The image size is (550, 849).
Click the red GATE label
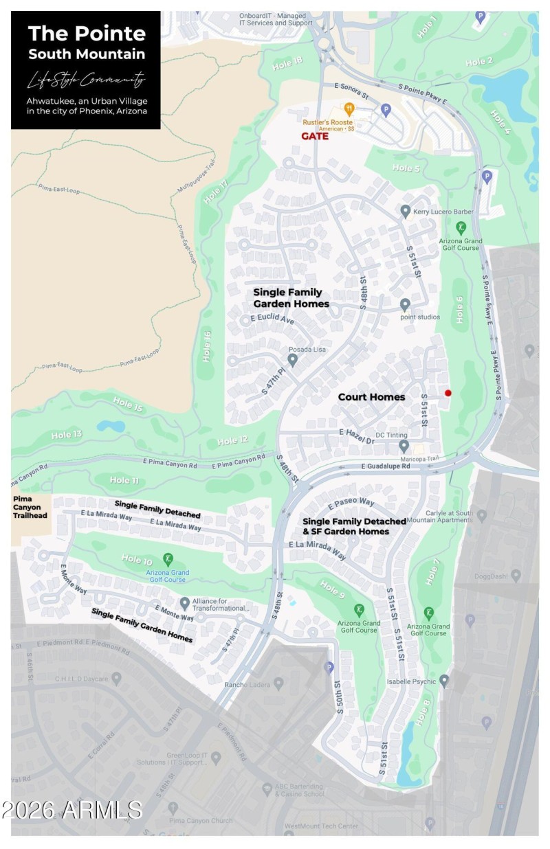coord(315,136)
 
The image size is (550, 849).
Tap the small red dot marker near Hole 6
coord(448,393)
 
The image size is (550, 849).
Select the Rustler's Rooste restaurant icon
coord(349,108)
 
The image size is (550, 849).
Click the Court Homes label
coord(371,397)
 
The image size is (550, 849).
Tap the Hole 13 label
coord(67,435)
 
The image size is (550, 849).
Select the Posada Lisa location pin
coord(292,359)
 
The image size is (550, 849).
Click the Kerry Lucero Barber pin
coord(406,211)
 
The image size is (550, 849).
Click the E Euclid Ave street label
coord(272,320)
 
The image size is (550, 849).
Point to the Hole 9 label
coord(332,589)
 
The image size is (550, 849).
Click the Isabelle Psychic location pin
coord(444,681)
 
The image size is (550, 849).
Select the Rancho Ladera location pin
coord(278,683)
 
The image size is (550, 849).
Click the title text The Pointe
coord(87,33)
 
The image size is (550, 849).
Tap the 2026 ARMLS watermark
coord(71,810)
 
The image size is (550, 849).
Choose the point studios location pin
coord(405,304)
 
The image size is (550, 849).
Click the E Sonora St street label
coord(352,88)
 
